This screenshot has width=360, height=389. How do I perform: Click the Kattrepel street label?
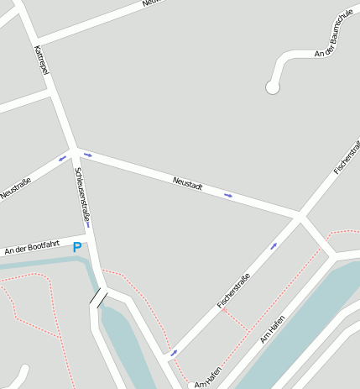coord(41,60)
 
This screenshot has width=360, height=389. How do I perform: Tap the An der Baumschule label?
coord(333,34)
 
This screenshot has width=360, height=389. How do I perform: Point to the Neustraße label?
coord(15,187)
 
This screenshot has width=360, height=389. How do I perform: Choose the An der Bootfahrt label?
coord(32,246)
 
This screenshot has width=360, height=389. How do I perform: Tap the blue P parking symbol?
coord(77,247)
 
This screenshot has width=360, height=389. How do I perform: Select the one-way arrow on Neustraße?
coord(62,157)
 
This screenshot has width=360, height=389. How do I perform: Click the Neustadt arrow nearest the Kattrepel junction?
coord(87,155)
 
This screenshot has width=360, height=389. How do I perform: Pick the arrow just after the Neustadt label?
coord(228,195)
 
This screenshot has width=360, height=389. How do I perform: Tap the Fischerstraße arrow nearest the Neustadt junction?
coord(274,246)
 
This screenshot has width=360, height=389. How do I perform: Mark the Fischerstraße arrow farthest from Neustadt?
coord(174,352)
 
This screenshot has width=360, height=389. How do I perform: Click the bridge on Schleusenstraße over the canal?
coord(99,297)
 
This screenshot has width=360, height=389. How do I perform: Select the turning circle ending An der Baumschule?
coord(272,87)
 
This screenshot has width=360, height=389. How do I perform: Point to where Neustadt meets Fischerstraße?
coord(300,216)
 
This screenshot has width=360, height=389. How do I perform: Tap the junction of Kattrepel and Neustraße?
coord(74,150)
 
